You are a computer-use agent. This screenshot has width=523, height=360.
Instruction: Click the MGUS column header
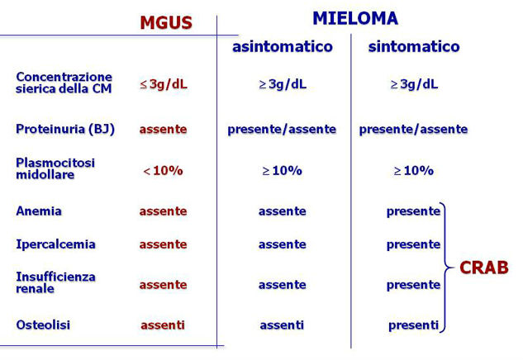[x=166, y=22]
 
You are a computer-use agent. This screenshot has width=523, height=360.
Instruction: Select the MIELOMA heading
[x=355, y=18]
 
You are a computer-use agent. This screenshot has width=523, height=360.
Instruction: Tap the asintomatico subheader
[x=283, y=46]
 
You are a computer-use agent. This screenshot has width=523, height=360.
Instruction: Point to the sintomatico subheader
[x=414, y=46]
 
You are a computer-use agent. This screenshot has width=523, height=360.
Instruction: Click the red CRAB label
[x=484, y=268]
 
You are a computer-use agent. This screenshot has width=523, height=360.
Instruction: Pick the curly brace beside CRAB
[x=447, y=268]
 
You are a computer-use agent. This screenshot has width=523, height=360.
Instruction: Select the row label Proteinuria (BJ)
[x=65, y=130]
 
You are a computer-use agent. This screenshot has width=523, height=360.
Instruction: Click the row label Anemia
[x=39, y=211]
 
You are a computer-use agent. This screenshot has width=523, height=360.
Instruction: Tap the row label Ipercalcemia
[x=55, y=244]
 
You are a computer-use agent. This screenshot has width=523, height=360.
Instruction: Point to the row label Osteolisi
[x=43, y=324]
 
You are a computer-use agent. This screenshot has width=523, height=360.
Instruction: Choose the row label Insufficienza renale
[x=55, y=282]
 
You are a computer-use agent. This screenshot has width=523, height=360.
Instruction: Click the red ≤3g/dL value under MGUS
[x=164, y=84]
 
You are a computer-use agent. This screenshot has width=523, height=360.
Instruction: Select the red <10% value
[x=163, y=171]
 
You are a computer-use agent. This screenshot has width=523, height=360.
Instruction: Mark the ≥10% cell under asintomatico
[x=283, y=171]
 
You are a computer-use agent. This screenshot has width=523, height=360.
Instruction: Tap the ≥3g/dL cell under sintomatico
[x=414, y=84]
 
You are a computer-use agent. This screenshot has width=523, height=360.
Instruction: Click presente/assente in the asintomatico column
[x=282, y=130]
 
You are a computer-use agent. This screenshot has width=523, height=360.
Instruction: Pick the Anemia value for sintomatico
[x=413, y=211]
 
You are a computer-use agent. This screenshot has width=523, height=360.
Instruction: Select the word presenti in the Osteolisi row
[x=413, y=325]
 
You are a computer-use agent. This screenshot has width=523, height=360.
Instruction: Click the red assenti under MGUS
[x=163, y=324]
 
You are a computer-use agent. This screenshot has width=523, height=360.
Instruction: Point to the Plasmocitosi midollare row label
[x=55, y=168]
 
